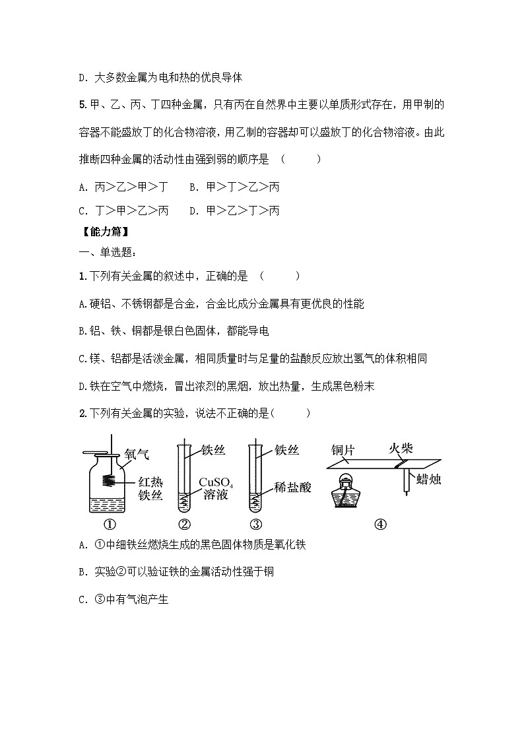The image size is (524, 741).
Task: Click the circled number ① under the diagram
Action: (109, 525)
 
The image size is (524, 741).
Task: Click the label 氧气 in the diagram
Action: (137, 454)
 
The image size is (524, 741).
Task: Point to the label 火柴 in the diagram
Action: (400, 448)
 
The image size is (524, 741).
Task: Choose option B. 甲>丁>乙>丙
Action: (234, 187)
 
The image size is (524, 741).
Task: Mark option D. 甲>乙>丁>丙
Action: (234, 211)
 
